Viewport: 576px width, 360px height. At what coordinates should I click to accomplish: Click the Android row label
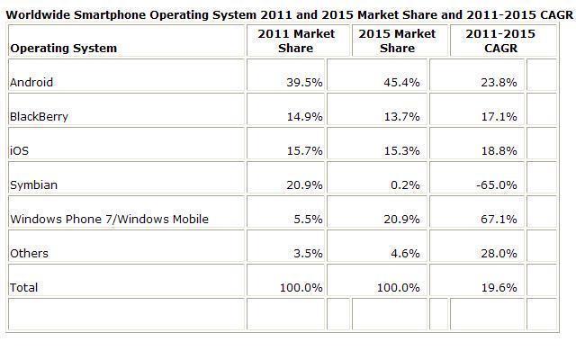point(31,83)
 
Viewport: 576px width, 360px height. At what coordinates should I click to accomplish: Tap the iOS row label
point(18,150)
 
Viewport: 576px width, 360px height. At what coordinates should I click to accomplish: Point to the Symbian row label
point(33,184)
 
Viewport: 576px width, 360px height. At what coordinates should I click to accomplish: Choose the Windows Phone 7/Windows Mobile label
point(108,219)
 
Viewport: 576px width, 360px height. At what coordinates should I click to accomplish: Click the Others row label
point(29,253)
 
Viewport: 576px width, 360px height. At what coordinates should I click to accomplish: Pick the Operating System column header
point(63,48)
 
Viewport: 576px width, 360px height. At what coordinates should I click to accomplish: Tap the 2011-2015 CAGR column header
point(499,40)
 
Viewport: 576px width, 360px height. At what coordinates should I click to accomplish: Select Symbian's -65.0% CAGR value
point(499,184)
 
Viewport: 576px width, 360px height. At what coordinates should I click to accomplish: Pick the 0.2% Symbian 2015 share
point(408,184)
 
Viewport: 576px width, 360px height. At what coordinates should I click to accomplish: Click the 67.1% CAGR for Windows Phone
point(501,219)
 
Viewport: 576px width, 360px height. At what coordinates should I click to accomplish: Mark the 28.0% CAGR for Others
point(501,253)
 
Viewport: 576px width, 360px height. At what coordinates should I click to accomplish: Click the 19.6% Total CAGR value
point(501,287)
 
